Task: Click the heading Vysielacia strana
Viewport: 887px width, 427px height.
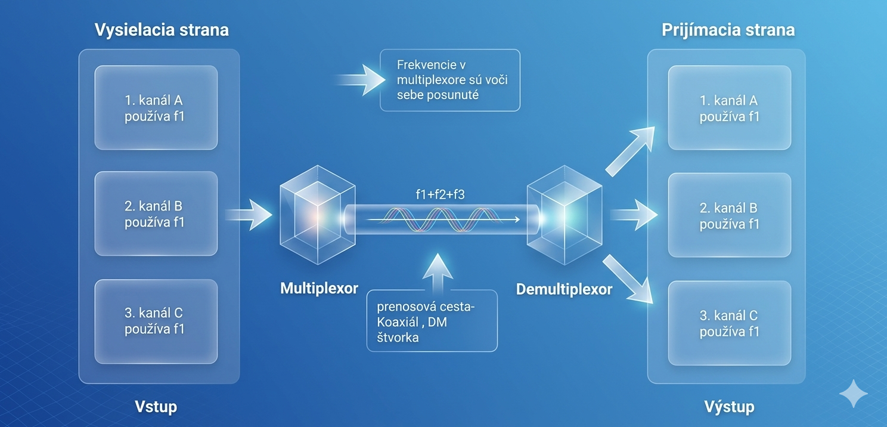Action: [x=162, y=30]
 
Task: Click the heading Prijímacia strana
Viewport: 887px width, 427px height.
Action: [x=728, y=30]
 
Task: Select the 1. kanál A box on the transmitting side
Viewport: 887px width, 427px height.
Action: [x=156, y=108]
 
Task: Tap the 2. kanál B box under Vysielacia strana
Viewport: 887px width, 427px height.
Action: [x=156, y=213]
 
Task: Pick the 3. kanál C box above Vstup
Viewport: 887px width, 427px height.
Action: [x=156, y=321]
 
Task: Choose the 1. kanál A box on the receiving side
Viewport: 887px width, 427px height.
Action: [x=730, y=108]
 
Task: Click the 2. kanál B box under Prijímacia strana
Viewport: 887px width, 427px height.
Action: [x=730, y=215]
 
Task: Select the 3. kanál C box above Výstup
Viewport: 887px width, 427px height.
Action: [x=730, y=323]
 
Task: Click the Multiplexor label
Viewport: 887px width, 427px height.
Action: [x=319, y=288]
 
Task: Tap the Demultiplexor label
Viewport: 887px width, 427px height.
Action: [x=564, y=289]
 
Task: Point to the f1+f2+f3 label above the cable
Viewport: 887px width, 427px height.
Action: [x=440, y=194]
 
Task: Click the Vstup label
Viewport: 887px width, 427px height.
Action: [x=156, y=407]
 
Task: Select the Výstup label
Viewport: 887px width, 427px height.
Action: [x=729, y=407]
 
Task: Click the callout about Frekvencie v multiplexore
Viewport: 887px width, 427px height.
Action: [x=450, y=80]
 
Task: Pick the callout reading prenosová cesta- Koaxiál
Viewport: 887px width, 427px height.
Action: [x=432, y=321]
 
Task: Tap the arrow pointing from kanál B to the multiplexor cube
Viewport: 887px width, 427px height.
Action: [x=249, y=215]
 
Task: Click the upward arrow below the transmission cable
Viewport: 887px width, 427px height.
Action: [x=438, y=273]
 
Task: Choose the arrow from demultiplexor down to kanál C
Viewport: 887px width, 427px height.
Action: [x=628, y=279]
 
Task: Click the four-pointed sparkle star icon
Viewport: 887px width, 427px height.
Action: [x=854, y=394]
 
